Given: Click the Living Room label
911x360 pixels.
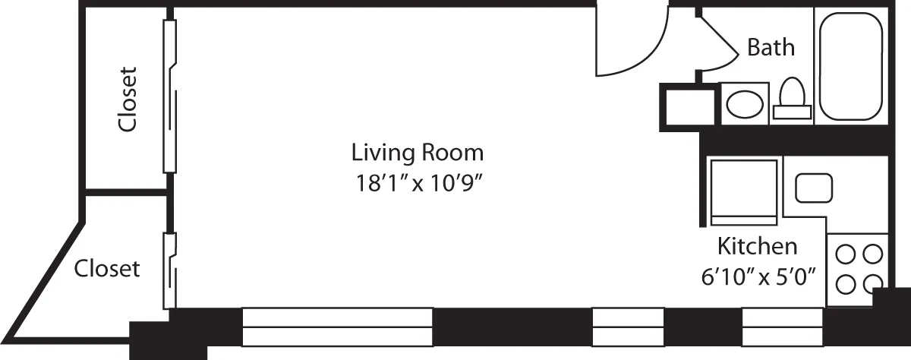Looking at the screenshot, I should click(417, 153).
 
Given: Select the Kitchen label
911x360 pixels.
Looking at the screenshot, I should click(757, 246).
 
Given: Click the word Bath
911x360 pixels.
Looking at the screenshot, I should click(771, 47).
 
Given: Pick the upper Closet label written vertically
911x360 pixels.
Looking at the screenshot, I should click(128, 99).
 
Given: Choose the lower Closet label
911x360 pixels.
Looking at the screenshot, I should click(107, 268).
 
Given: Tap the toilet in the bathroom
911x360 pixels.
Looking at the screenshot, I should click(793, 99).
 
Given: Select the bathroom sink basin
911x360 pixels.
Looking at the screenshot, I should click(744, 104).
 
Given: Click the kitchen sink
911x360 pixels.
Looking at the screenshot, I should click(813, 187).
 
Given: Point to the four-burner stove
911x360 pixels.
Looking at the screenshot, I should click(860, 269).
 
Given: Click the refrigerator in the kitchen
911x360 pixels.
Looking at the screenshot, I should click(742, 191).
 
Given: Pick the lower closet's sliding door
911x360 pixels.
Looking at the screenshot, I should click(169, 270).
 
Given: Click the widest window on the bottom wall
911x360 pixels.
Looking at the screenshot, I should click(337, 327).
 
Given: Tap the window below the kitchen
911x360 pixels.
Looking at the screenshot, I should click(782, 327).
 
